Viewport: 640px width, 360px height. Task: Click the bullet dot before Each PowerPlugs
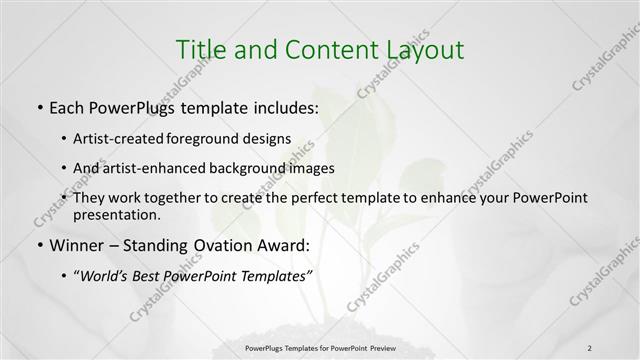click(38, 105)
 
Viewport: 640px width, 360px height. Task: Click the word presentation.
click(115, 214)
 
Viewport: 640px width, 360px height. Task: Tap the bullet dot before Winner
click(38, 244)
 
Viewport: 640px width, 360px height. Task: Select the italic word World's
click(107, 277)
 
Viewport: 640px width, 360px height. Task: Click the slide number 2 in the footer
click(589, 347)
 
